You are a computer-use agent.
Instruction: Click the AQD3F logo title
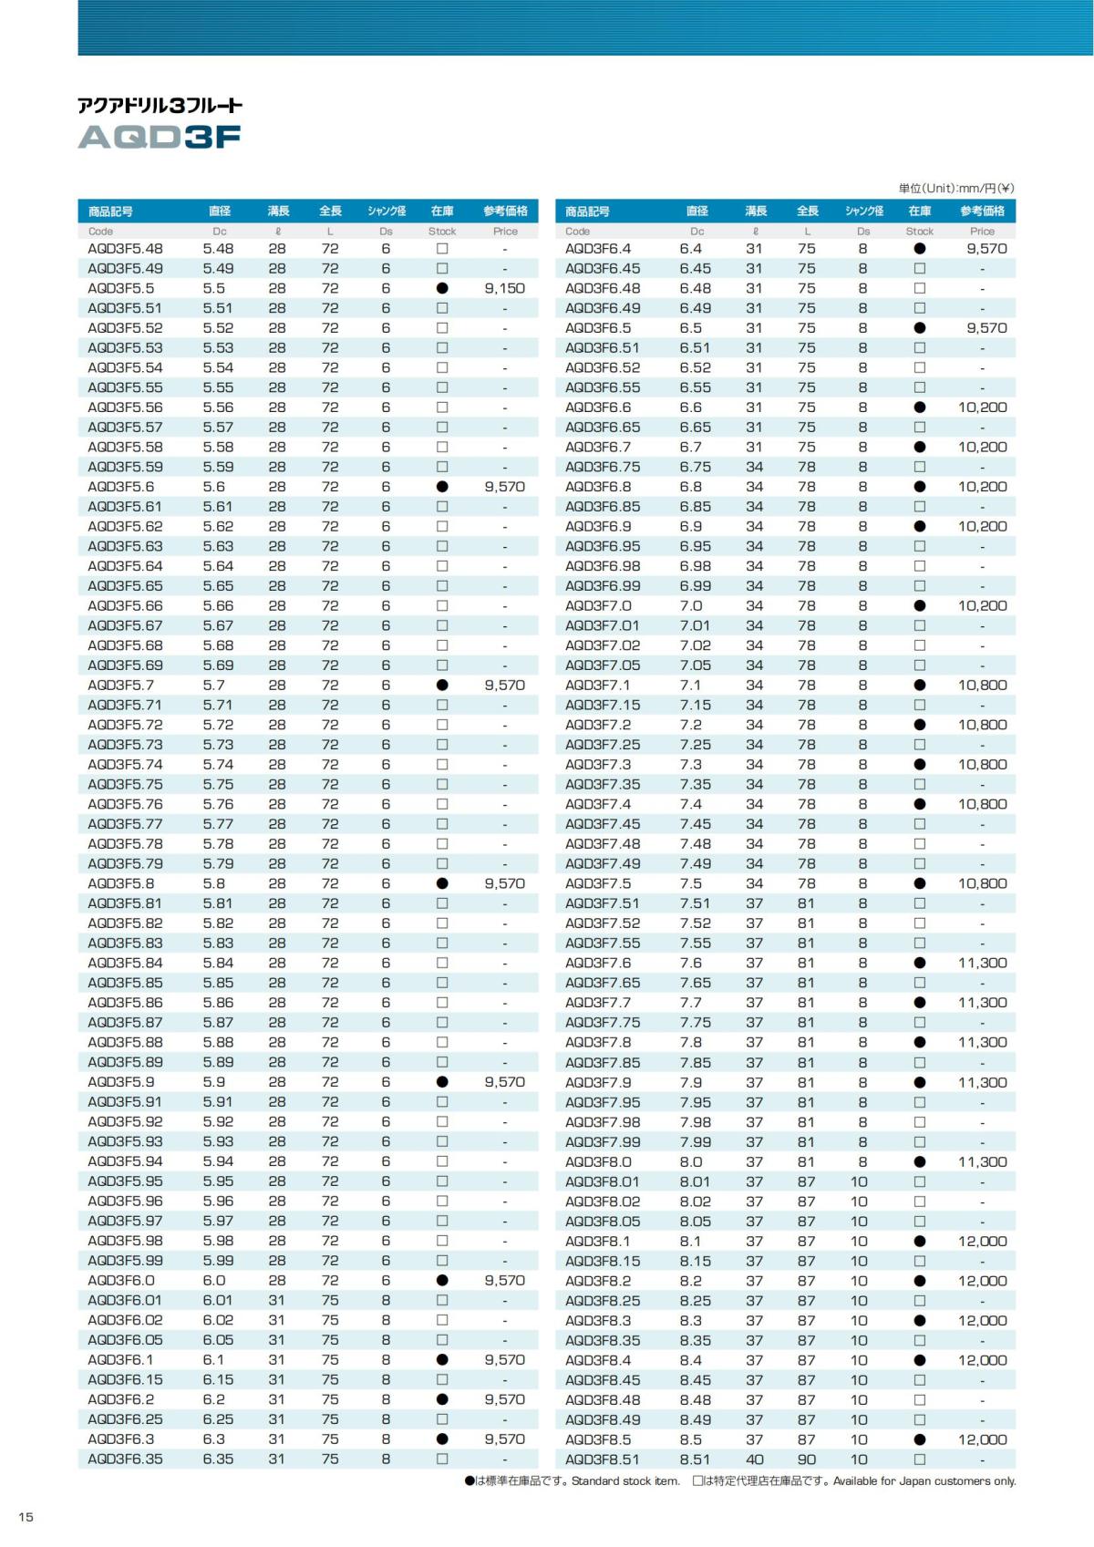pyautogui.click(x=160, y=137)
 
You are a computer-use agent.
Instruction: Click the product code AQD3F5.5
pyautogui.click(x=121, y=288)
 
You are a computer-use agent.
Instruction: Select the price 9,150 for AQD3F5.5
pyautogui.click(x=504, y=288)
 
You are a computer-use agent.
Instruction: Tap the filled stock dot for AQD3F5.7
pyautogui.click(x=442, y=686)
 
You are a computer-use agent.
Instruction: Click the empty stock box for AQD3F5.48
pyautogui.click(x=442, y=248)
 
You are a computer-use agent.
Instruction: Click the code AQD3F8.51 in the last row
pyautogui.click(x=603, y=1459)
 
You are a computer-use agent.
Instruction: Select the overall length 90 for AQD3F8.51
pyautogui.click(x=807, y=1459)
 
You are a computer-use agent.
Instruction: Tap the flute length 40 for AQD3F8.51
pyautogui.click(x=755, y=1459)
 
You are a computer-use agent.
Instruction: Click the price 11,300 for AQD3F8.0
pyautogui.click(x=982, y=1161)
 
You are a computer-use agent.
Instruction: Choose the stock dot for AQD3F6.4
pyautogui.click(x=920, y=248)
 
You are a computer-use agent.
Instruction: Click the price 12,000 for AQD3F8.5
pyautogui.click(x=982, y=1439)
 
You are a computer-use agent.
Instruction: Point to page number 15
pyautogui.click(x=26, y=1516)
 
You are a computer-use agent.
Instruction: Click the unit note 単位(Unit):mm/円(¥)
pyautogui.click(x=955, y=189)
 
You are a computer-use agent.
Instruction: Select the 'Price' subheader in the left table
pyautogui.click(x=505, y=232)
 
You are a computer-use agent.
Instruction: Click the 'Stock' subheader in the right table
pyautogui.click(x=919, y=232)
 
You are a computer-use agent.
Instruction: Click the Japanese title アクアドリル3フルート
pyautogui.click(x=160, y=106)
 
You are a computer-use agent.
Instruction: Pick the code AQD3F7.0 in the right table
pyautogui.click(x=598, y=606)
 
